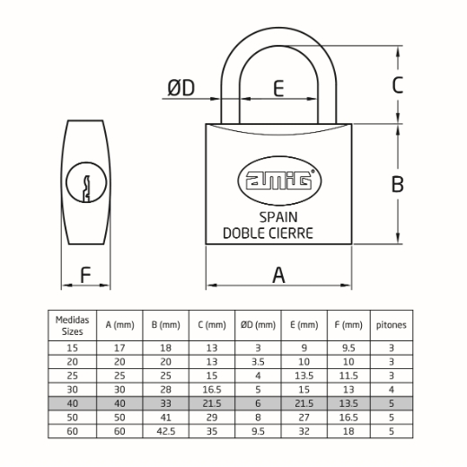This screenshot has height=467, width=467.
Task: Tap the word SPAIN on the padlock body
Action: click(278, 217)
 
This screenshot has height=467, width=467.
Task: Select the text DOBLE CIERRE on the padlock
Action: click(269, 233)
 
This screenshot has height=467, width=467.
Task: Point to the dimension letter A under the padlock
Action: click(278, 275)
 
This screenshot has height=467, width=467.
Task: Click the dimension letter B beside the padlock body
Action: click(398, 184)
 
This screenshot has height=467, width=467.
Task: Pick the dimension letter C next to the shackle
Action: click(398, 85)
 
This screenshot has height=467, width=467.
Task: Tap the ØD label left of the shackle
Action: click(181, 88)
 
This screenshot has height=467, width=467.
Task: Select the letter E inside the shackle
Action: click(278, 88)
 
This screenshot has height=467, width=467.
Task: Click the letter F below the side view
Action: click(85, 275)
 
